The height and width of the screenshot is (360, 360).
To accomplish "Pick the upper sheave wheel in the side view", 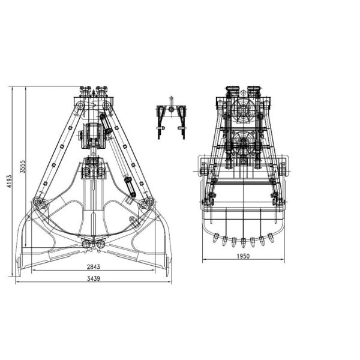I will pos(244,111).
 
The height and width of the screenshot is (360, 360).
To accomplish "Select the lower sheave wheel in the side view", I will pos(244,143).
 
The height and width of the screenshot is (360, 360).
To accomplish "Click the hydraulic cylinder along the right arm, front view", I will pos(117,152).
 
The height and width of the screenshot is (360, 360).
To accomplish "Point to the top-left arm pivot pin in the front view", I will pos(79,106).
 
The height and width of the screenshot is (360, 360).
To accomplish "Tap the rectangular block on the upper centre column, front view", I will pos(92,135).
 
